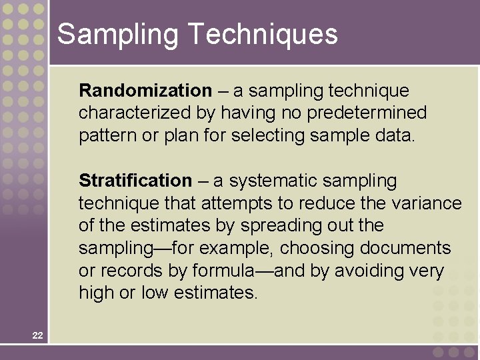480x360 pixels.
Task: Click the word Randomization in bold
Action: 145,91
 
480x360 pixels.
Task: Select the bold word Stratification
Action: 135,181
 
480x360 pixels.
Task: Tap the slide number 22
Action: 37,335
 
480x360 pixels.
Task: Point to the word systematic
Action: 268,181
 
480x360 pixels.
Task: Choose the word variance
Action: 427,203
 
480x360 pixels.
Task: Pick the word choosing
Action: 317,249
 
